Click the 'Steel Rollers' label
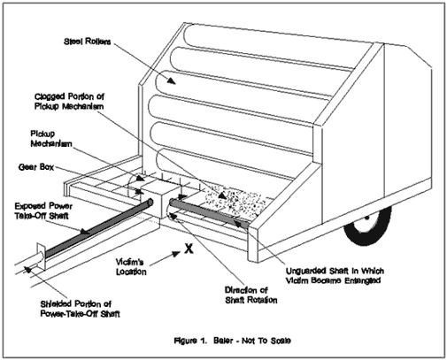[x=88, y=42]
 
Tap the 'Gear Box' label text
[x=36, y=167]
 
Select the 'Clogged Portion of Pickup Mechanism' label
[x=69, y=101]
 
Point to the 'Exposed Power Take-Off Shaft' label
[x=43, y=211]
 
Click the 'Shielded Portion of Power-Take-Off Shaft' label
[x=80, y=309]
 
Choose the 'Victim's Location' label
[x=131, y=266]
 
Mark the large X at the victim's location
[x=189, y=249]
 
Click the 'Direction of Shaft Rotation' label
[x=251, y=295]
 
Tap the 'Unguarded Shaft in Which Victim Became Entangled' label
[x=335, y=275]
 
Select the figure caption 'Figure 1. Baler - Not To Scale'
[x=232, y=341]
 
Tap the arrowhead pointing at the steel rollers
[x=171, y=80]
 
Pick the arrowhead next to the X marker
[x=176, y=253]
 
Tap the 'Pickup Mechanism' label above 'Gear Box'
[x=51, y=139]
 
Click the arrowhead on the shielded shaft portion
[x=27, y=269]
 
